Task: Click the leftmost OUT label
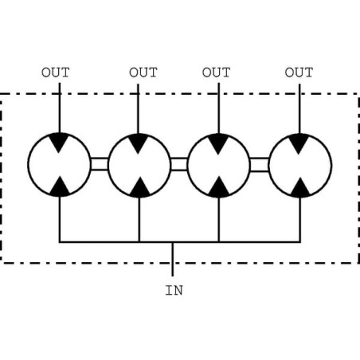point(56,72)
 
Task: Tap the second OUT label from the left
point(143,72)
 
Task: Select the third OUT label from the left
point(216,72)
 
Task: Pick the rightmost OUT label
point(299,72)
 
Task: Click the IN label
point(174,291)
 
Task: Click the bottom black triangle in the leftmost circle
point(60,187)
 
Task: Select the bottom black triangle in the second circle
point(140,188)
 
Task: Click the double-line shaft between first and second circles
point(100,164)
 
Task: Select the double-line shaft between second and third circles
point(179,165)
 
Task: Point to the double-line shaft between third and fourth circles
point(260,165)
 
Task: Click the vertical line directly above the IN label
point(173,259)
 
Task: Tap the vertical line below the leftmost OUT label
point(60,108)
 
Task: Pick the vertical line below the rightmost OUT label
point(299,109)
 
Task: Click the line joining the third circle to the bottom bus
point(219,220)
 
